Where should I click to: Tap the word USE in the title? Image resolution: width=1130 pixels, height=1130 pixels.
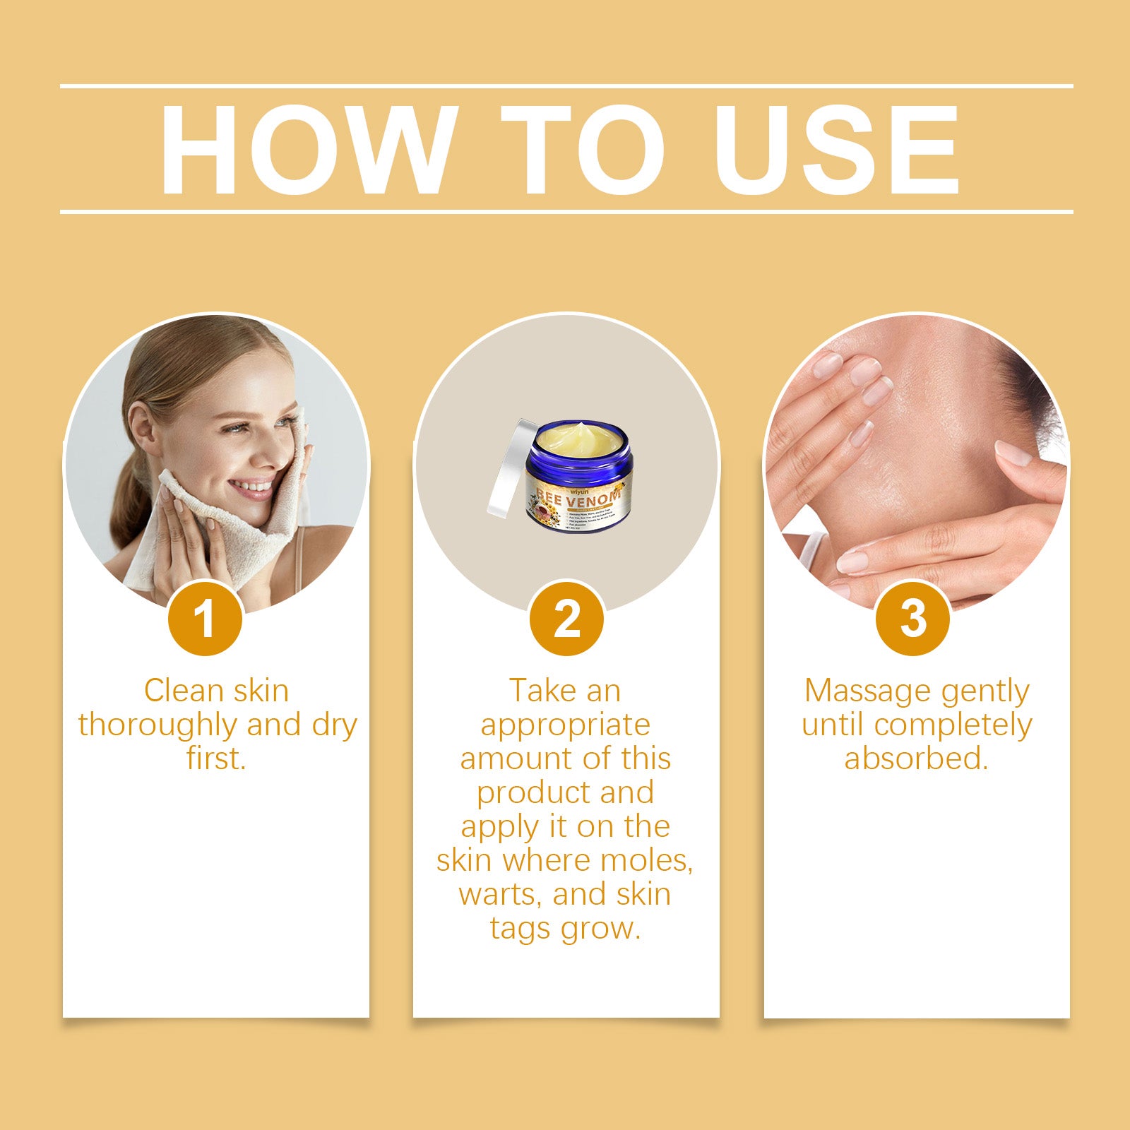[x=837, y=149]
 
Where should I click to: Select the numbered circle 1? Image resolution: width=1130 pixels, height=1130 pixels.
[x=206, y=619]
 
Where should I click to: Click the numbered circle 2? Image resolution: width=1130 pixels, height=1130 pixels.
[x=566, y=619]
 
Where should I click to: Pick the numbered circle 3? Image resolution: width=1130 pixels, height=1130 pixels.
[x=912, y=619]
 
